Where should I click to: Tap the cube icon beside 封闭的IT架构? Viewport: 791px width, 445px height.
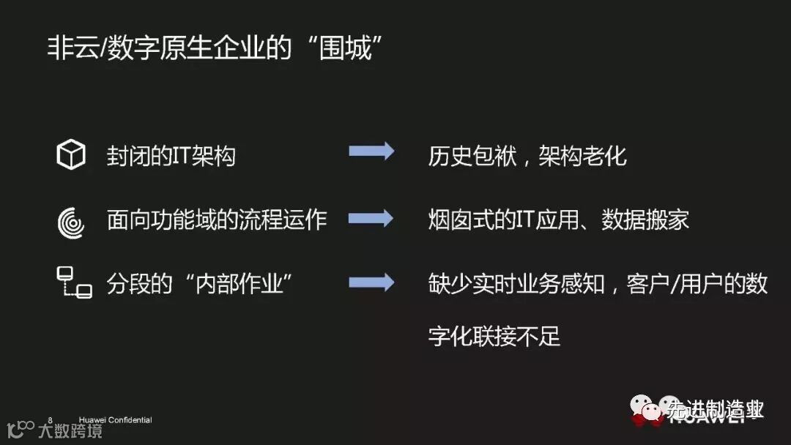coord(71,156)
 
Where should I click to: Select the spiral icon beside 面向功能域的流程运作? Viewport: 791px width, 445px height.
coord(71,220)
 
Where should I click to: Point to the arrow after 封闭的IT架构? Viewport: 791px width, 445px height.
coord(371,152)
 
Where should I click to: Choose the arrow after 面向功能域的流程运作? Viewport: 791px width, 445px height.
coord(371,218)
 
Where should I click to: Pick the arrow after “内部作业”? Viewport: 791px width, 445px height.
coord(371,283)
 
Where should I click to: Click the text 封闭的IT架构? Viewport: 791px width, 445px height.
coord(171,156)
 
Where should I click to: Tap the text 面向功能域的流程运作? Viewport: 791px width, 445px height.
coord(217,220)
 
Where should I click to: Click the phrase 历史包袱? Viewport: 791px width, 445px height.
coord(472,156)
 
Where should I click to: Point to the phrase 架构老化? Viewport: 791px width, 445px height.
coord(583,156)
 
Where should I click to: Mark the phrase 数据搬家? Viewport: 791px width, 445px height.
coord(645,220)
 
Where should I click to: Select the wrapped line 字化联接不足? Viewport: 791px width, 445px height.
coord(494,337)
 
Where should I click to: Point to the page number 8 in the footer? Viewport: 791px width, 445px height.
coord(50,420)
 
